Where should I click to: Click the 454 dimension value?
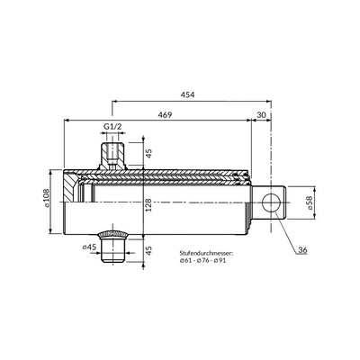[x=187, y=94]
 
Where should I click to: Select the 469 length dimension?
[x=166, y=115]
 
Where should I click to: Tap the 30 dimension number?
[x=261, y=115]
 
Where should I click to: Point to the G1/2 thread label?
[x=112, y=126]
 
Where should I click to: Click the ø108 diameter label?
[x=46, y=198]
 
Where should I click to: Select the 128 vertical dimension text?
[x=149, y=205]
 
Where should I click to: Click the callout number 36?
[x=302, y=249]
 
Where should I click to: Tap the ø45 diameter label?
[x=89, y=247]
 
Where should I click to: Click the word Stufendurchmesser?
[x=206, y=253]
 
